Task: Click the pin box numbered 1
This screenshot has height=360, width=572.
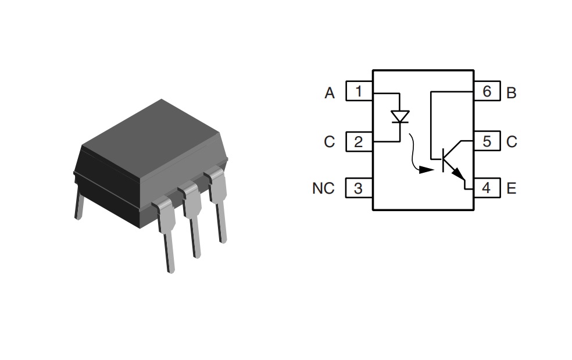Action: [359, 91]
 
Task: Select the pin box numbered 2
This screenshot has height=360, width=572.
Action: [359, 141]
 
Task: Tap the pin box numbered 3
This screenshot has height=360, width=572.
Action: [359, 188]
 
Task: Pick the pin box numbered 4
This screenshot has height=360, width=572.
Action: [487, 188]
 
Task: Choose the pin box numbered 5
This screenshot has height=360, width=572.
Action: [487, 141]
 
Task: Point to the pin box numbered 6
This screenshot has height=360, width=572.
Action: [487, 91]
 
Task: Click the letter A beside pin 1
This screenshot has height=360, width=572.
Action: [330, 93]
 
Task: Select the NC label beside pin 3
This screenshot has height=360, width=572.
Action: [323, 188]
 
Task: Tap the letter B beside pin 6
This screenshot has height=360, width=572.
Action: [512, 93]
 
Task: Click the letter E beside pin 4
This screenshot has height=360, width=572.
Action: [512, 188]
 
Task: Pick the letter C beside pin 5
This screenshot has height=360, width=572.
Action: [512, 142]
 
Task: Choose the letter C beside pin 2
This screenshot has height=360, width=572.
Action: [329, 142]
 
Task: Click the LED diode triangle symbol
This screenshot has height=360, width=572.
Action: [400, 117]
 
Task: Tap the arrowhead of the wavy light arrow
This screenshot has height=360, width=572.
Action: [426, 170]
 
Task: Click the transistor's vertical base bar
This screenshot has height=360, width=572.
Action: [443, 160]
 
